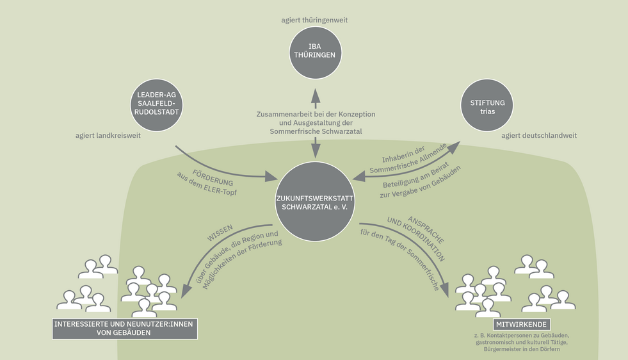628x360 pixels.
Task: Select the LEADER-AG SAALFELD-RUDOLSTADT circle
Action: pyautogui.click(x=156, y=104)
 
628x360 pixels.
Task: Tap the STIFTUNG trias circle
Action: pyautogui.click(x=487, y=108)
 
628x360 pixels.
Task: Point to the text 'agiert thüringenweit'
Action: pyautogui.click(x=314, y=20)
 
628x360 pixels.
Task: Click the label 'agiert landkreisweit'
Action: pyautogui.click(x=108, y=136)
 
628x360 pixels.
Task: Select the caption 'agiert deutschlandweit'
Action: pyautogui.click(x=539, y=136)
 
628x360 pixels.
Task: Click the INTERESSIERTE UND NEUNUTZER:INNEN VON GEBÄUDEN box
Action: pyautogui.click(x=125, y=329)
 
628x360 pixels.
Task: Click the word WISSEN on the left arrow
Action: pyautogui.click(x=219, y=233)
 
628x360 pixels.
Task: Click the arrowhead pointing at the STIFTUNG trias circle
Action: pyautogui.click(x=453, y=147)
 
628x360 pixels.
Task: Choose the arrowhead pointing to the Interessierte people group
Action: pyautogui.click(x=187, y=291)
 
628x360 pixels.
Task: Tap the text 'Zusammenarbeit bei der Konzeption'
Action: pyautogui.click(x=315, y=113)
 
